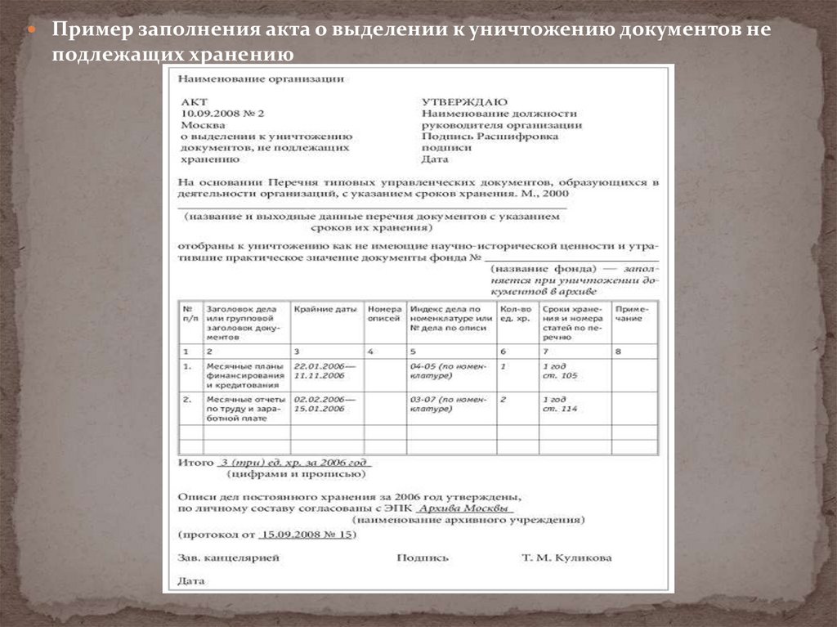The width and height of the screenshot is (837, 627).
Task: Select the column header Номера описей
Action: [x=384, y=315]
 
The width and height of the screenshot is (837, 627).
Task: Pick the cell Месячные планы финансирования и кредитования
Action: [x=244, y=374]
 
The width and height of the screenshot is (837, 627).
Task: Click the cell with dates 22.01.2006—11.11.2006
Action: [x=319, y=370]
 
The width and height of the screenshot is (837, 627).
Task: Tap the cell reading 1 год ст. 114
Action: [x=560, y=403]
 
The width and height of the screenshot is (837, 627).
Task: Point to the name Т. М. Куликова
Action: [x=566, y=558]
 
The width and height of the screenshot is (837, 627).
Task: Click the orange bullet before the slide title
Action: [x=34, y=29]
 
